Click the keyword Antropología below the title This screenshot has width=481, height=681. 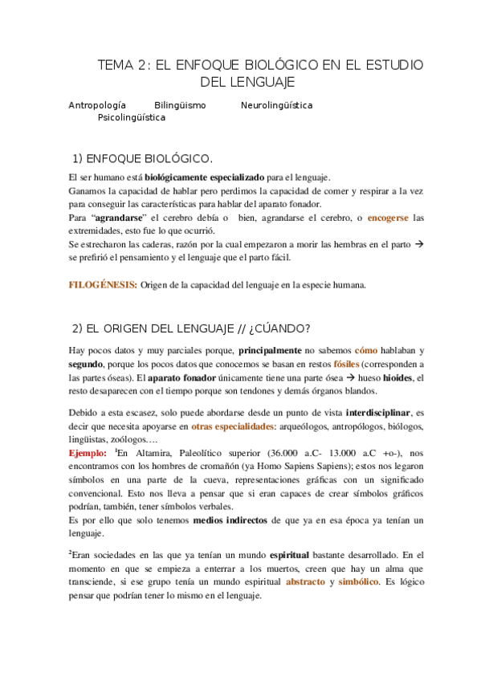[x=97, y=105]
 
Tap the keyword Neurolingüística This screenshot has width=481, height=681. [x=276, y=105]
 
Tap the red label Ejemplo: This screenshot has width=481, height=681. [x=89, y=453]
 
